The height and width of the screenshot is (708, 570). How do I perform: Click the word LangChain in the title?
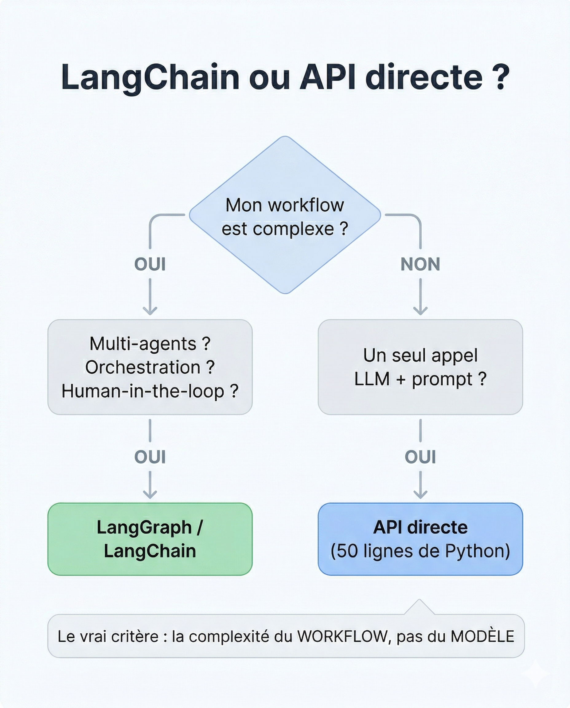click(x=150, y=77)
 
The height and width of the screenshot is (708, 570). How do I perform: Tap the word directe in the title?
click(x=424, y=77)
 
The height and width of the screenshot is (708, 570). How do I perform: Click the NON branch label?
click(x=420, y=265)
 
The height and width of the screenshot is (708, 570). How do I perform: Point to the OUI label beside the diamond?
click(x=150, y=265)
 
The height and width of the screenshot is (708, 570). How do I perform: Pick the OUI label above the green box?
click(x=150, y=457)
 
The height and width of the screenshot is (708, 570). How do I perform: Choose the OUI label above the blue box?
click(x=420, y=457)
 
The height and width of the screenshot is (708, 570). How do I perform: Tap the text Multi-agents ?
click(x=150, y=344)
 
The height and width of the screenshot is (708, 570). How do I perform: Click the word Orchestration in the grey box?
click(x=143, y=367)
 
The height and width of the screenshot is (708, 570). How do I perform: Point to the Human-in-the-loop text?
click(x=143, y=391)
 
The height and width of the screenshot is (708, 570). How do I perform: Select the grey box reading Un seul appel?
click(x=420, y=367)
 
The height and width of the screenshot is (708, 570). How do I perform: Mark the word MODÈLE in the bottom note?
click(x=482, y=636)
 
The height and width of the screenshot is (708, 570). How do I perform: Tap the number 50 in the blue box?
click(x=347, y=551)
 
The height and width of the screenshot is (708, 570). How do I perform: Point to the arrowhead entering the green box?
click(x=150, y=494)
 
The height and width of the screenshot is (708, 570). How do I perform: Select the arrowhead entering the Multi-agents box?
click(x=150, y=311)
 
